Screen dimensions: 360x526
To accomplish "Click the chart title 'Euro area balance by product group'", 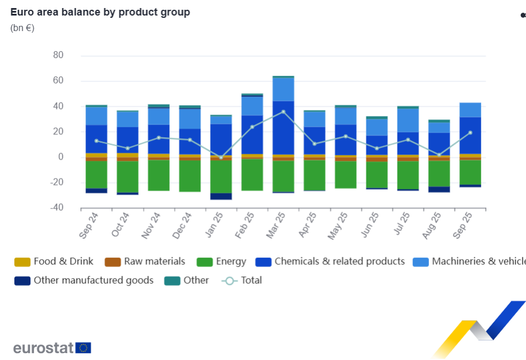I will [x=100, y=12].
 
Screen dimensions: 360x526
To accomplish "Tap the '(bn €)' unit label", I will [x=22, y=28].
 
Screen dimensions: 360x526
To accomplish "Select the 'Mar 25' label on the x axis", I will [x=274, y=225].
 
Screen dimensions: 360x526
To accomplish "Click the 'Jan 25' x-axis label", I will [x=212, y=225].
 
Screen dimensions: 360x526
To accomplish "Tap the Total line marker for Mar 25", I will [x=283, y=111].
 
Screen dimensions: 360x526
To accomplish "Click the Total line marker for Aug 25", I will [x=439, y=154].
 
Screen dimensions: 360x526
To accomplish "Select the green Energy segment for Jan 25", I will [x=221, y=176].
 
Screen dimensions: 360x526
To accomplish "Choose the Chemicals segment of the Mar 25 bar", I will [x=283, y=127].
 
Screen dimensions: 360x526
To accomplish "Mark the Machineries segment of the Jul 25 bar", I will [x=408, y=120].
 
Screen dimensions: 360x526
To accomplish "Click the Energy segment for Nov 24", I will [x=158, y=175].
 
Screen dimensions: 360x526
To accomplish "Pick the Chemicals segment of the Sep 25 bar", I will [x=470, y=136].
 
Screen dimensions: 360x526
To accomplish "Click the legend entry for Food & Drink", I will [x=55, y=262].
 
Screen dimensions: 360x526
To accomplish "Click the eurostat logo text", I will [x=44, y=348].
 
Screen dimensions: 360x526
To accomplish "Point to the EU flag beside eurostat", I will [x=83, y=348].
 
